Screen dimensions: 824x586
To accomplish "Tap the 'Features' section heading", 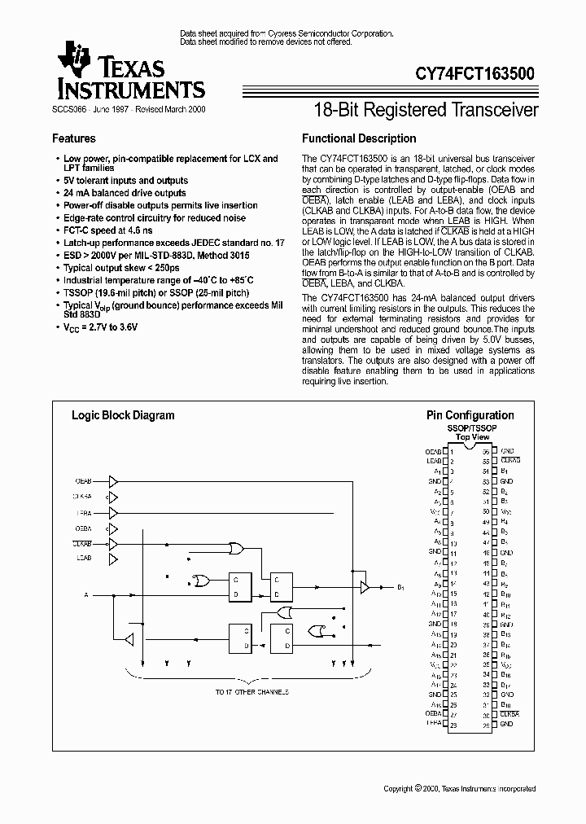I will point(74,138).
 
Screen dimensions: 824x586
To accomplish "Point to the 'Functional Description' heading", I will point(359,138).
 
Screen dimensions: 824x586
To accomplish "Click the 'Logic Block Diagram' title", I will point(123,415).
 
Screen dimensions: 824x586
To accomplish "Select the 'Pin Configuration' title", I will point(470,415).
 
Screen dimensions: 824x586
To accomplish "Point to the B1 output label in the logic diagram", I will point(401,587).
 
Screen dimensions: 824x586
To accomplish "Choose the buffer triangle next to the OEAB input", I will point(114,480).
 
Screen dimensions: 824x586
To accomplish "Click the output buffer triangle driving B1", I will point(365,586).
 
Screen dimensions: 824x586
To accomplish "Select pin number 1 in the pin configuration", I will point(452,451).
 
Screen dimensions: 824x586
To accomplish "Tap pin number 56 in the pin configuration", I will point(487,451).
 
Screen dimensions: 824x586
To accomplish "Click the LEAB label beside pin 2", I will point(433,461).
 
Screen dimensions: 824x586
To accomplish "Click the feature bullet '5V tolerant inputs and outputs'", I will point(126,181).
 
